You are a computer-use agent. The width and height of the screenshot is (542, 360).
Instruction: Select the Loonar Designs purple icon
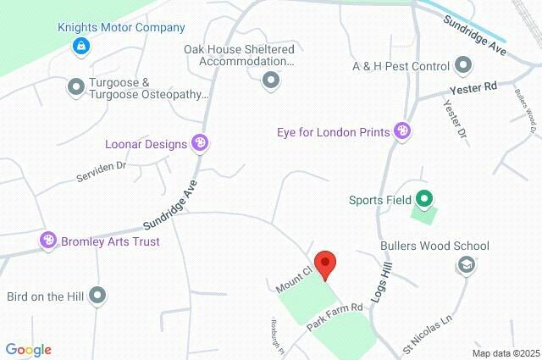tap(200, 143)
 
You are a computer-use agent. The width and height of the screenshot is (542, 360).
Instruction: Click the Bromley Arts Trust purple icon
tap(48, 241)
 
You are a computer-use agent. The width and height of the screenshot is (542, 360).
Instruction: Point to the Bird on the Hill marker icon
tap(98, 296)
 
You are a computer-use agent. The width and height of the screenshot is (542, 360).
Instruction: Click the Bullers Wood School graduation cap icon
tap(464, 265)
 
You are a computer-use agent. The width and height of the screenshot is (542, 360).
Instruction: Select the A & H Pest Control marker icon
tap(462, 65)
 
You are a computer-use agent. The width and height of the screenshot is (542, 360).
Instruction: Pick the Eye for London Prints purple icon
tap(402, 131)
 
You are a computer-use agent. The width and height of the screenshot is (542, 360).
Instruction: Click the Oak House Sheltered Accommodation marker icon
tap(270, 80)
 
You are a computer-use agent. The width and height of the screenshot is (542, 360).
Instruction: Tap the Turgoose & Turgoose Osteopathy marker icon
tap(76, 86)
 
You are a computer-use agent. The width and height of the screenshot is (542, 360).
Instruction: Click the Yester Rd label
tap(479, 87)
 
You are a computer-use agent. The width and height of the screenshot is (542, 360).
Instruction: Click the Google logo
tap(28, 350)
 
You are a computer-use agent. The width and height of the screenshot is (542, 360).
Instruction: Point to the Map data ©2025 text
tap(505, 353)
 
